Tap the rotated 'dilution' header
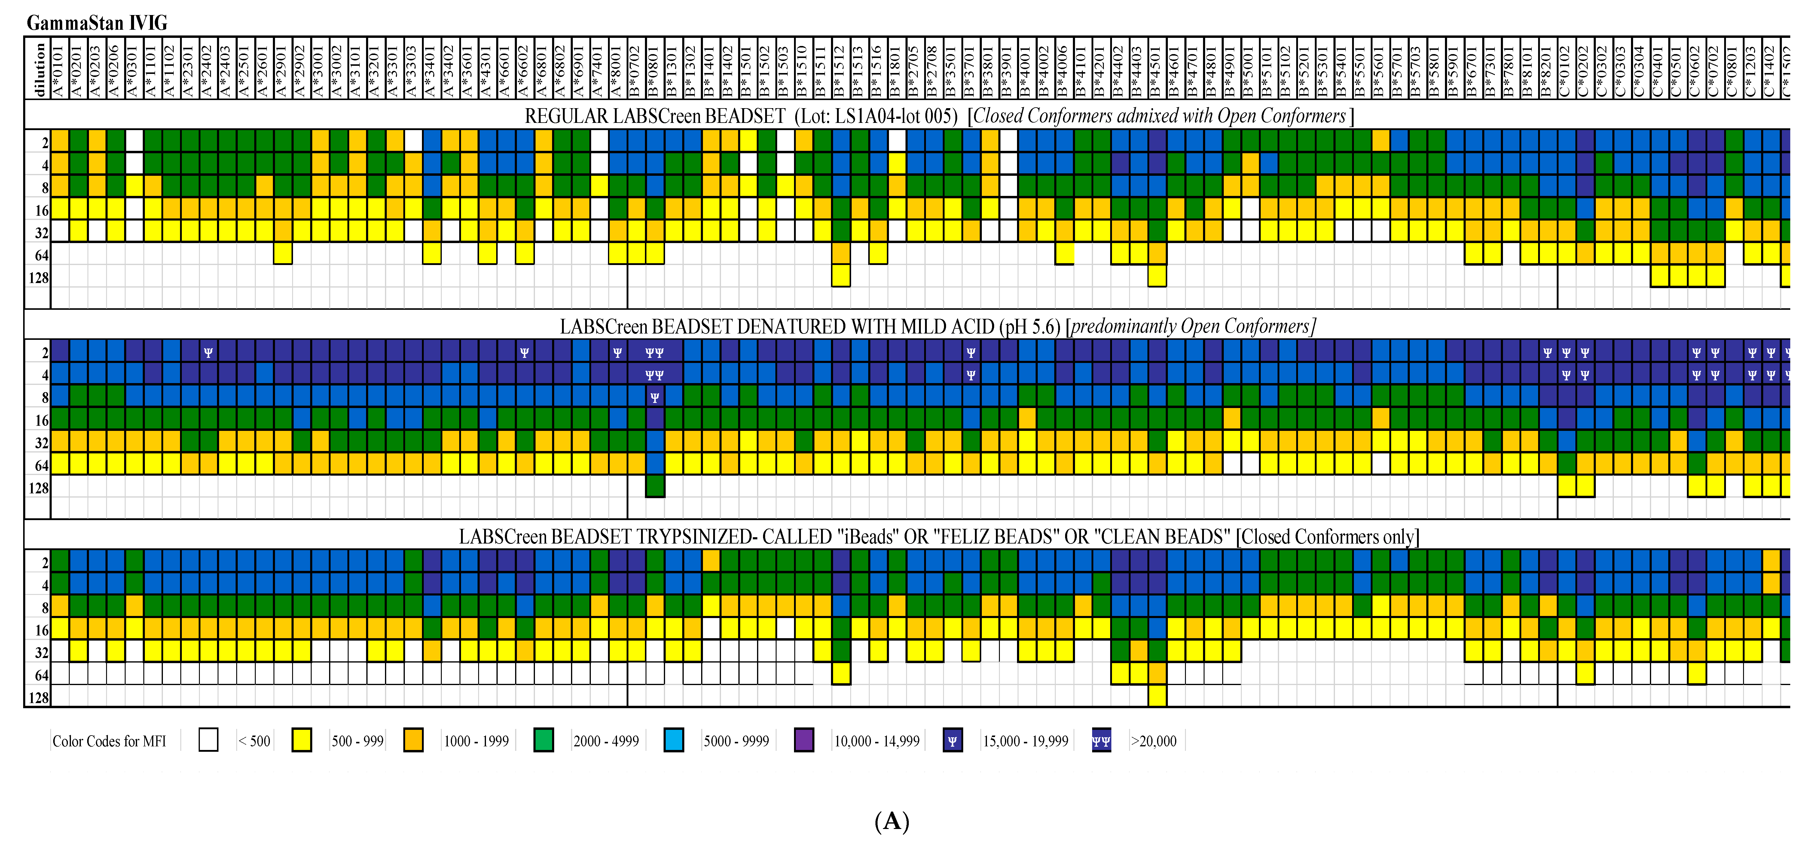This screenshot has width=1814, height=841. pos(39,69)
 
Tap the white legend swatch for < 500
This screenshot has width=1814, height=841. pos(209,740)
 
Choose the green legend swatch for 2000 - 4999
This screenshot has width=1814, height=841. pos(544,740)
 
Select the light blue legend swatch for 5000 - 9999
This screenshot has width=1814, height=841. pos(674,740)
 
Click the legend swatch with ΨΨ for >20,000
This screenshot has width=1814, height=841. pos(1101,740)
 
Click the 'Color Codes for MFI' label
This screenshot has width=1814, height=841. pos(109,741)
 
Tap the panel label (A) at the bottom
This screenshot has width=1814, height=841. pos(891,821)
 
